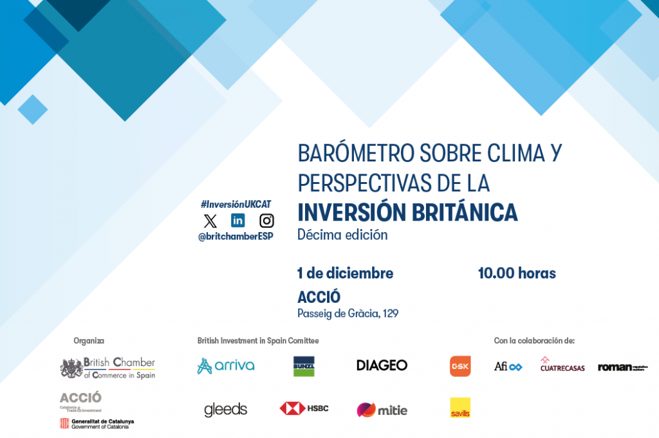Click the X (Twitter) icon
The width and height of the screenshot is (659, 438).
pyautogui.click(x=210, y=221)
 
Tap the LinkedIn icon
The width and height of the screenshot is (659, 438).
pyautogui.click(x=238, y=221)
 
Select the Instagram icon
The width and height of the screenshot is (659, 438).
pyautogui.click(x=266, y=221)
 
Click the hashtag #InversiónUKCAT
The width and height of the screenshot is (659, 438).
pyautogui.click(x=236, y=204)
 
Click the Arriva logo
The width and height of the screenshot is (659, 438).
pyautogui.click(x=226, y=366)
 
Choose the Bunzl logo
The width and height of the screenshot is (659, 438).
pyautogui.click(x=304, y=366)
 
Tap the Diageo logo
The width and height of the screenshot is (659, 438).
pyautogui.click(x=382, y=365)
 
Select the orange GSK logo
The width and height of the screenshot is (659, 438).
pyautogui.click(x=460, y=366)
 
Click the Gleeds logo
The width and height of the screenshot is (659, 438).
pyautogui.click(x=225, y=410)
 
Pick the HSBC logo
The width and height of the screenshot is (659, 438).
pyautogui.click(x=304, y=408)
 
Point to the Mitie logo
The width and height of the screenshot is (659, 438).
pyautogui.click(x=382, y=410)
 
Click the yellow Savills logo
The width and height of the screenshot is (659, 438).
pyautogui.click(x=460, y=408)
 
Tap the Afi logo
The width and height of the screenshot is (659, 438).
pyautogui.click(x=508, y=367)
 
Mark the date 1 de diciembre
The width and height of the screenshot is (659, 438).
pyautogui.click(x=345, y=273)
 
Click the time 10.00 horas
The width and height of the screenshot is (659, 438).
pyautogui.click(x=517, y=273)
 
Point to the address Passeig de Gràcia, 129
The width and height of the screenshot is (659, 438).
pyautogui.click(x=348, y=314)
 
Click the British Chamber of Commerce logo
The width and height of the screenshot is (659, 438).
pyautogui.click(x=107, y=368)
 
